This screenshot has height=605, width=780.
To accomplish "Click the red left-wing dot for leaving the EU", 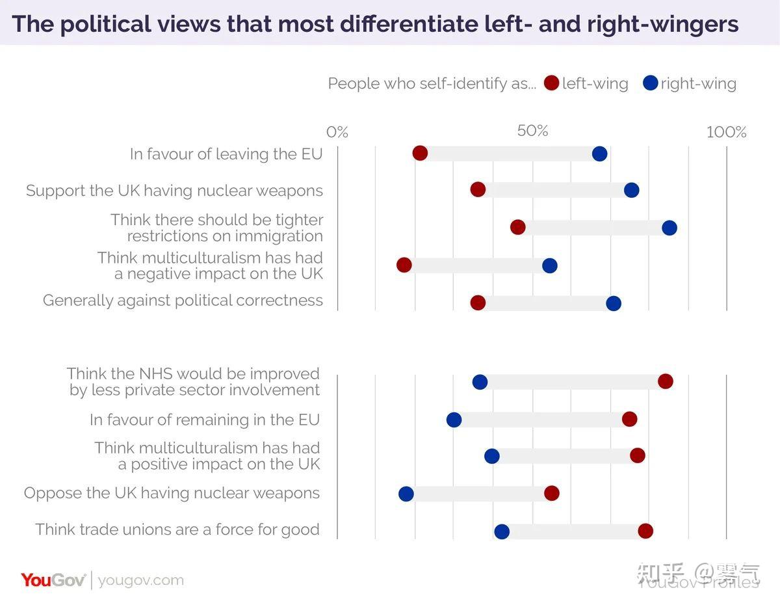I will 420,154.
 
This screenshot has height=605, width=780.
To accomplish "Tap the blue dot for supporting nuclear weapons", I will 631,190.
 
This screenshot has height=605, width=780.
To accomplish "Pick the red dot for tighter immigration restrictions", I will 517,227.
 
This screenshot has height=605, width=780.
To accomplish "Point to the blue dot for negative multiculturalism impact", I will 549,265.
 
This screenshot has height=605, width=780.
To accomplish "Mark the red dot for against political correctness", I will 478,303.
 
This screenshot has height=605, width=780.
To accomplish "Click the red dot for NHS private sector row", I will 665,381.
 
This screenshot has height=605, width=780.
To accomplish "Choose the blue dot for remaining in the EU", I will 454,420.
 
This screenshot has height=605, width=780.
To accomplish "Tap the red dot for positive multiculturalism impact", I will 637,455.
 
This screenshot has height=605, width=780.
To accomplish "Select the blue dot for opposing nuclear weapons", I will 406,494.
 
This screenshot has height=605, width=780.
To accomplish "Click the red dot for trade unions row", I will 645,531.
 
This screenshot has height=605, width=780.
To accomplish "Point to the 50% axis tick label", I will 532,131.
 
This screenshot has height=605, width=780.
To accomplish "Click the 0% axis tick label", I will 337,133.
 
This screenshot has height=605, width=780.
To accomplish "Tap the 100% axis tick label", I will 726,133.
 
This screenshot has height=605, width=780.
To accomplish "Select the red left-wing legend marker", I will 552,83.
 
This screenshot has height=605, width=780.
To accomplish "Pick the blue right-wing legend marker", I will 650,83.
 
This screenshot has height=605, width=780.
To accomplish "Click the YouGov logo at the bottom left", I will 53,580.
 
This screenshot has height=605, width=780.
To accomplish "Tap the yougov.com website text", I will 141,580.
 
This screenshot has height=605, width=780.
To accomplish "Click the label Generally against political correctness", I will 183,301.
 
